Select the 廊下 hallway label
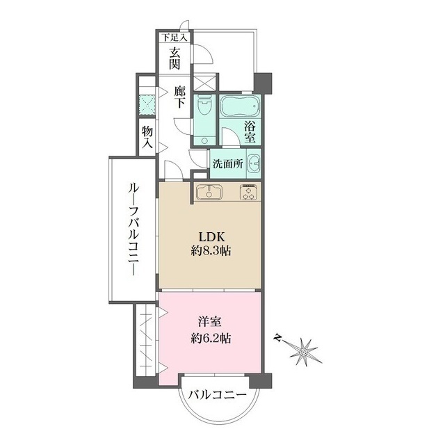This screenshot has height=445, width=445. [x=180, y=95]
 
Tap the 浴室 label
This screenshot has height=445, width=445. [x=250, y=132]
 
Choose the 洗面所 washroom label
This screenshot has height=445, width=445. [x=227, y=165]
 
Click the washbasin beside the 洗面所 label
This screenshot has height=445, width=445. [x=253, y=164]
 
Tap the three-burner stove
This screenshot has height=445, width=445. [x=249, y=193]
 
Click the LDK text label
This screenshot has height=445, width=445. [x=210, y=236]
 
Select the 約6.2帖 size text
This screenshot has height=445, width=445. [x=210, y=339]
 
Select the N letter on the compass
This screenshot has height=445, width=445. [x=278, y=338]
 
